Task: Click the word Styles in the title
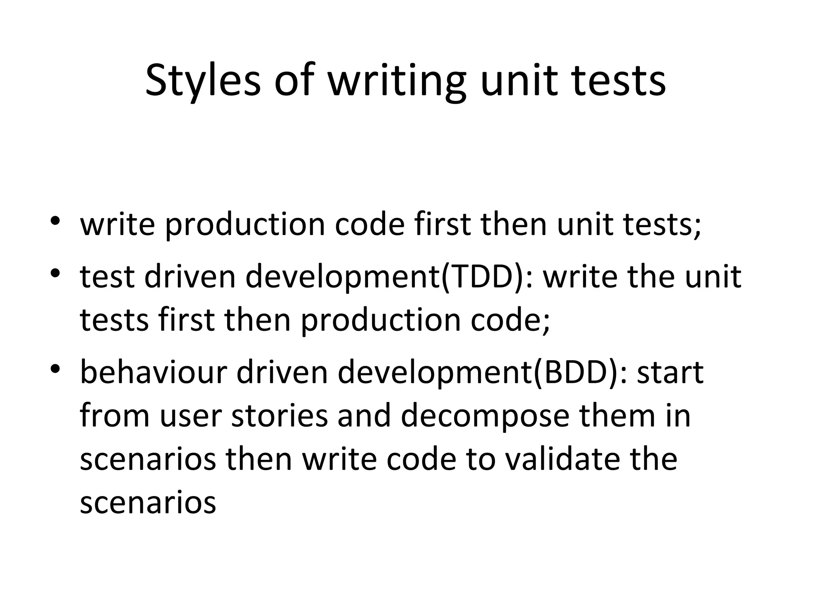pos(203,80)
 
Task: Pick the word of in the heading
pos(294,80)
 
